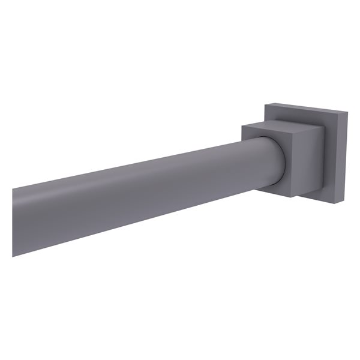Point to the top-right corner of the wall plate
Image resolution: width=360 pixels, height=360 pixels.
coord(347,111)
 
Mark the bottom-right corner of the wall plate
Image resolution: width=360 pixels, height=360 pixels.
coord(340,204)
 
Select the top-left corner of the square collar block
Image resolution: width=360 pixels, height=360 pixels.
coord(242,125)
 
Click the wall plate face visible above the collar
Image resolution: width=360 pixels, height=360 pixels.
coord(300,115)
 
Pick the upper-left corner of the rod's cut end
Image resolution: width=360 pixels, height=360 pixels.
coord(13,190)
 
